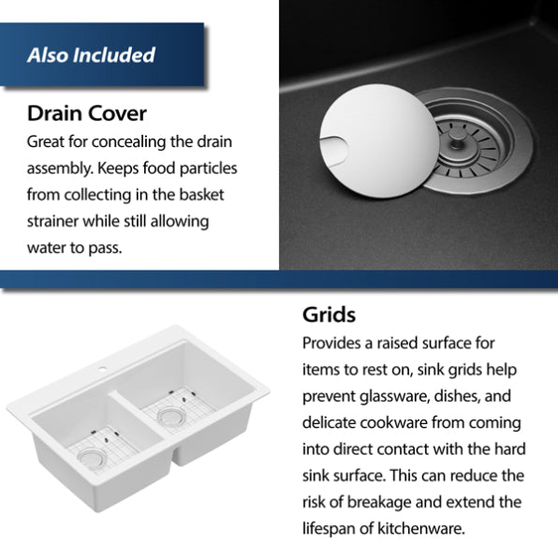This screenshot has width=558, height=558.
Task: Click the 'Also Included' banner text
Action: (x=91, y=55)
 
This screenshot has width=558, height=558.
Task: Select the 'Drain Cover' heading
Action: (x=87, y=113)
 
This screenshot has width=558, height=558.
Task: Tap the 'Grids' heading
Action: (x=329, y=315)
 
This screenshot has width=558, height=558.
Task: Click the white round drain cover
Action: (x=379, y=140)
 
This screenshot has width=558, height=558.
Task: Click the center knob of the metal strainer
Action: (x=456, y=139)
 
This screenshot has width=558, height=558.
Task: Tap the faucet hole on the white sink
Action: (x=102, y=369)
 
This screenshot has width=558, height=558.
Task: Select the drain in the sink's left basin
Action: (x=92, y=457)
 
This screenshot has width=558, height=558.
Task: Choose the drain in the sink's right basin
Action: (x=171, y=416)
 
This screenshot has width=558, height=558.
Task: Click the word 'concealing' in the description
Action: (x=129, y=142)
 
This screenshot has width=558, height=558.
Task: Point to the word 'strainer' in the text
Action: (x=52, y=221)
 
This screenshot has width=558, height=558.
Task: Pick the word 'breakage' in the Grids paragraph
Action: (x=378, y=503)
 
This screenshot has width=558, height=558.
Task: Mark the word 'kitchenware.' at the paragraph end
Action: (x=421, y=528)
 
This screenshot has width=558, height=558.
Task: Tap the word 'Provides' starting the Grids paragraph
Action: (x=330, y=344)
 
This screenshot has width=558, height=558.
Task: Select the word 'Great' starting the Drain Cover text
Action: (x=45, y=142)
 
